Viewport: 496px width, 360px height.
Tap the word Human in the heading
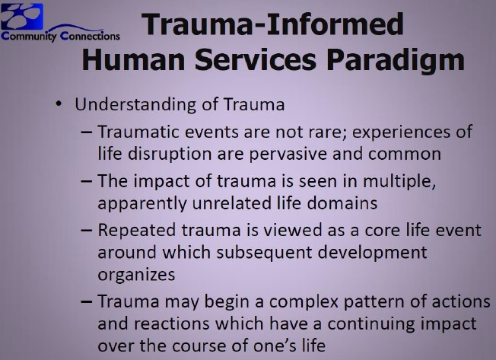[x=133, y=60]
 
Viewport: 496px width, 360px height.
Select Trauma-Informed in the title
[x=272, y=24]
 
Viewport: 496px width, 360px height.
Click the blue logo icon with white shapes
[x=22, y=16]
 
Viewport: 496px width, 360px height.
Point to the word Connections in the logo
[x=91, y=36]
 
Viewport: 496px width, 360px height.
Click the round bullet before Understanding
[x=59, y=104]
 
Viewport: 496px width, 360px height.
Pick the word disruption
[x=170, y=154]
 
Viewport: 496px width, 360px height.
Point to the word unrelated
[x=231, y=202]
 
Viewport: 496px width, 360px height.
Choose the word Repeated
[x=136, y=231]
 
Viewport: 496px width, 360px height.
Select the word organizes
[x=136, y=275]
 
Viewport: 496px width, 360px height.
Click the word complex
[x=304, y=301]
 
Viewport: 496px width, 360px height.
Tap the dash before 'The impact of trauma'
[x=87, y=182]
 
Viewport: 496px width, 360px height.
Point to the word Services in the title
[x=256, y=60]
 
